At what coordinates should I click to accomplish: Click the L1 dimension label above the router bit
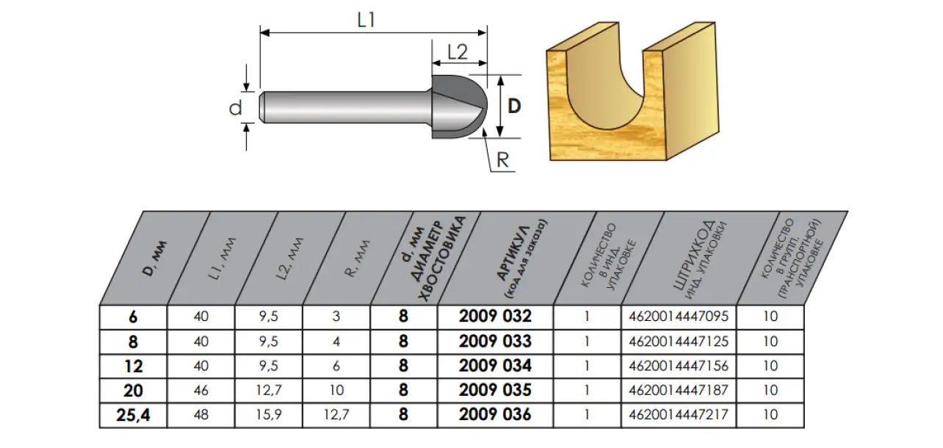tap(366, 20)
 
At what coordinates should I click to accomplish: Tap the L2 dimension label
tap(458, 52)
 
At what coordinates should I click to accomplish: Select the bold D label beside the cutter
tap(514, 106)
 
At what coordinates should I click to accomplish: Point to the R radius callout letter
tap(502, 160)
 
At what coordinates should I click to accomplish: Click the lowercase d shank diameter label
tap(235, 108)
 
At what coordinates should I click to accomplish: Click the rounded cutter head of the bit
tap(459, 107)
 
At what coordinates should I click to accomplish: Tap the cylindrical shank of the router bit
tap(345, 107)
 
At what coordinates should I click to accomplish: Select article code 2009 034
tap(495, 366)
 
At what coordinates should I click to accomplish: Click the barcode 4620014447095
tap(678, 317)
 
